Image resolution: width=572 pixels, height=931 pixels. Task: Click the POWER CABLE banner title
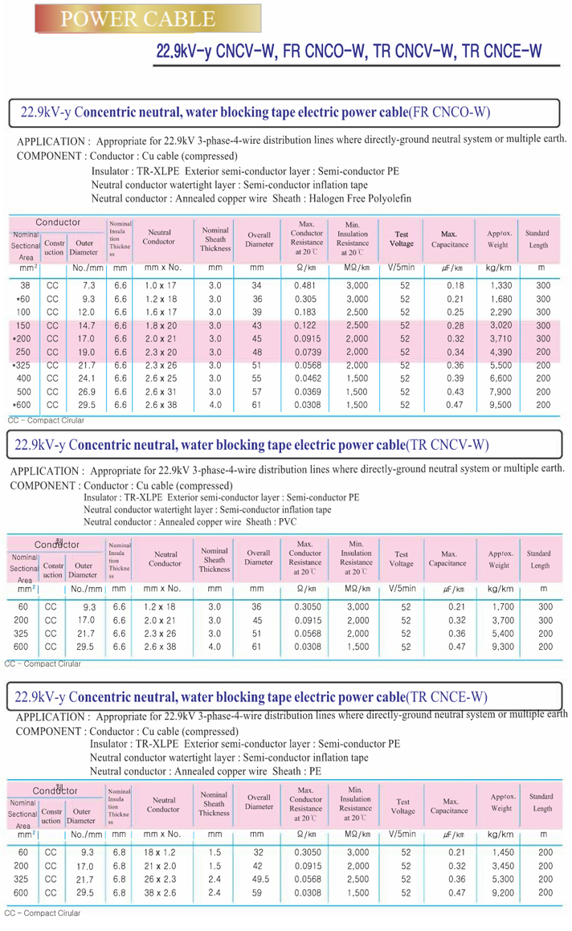click(138, 19)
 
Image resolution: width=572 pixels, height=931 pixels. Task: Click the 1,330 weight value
click(500, 286)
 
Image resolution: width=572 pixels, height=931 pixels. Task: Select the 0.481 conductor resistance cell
click(304, 286)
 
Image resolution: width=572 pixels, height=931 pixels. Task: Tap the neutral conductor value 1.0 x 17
click(161, 286)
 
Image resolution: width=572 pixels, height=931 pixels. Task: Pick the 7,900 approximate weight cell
click(500, 392)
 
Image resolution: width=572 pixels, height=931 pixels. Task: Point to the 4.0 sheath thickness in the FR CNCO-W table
click(215, 405)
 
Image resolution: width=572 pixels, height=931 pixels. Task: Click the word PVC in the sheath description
click(288, 522)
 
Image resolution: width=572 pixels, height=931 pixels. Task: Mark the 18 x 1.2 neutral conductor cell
click(160, 852)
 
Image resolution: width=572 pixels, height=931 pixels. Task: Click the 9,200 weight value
click(503, 893)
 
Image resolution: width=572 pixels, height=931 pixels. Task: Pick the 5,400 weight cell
click(503, 634)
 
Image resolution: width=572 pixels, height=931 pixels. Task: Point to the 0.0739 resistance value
click(308, 352)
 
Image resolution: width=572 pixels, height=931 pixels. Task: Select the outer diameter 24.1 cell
click(86, 378)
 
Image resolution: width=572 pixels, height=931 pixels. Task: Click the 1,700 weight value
click(503, 606)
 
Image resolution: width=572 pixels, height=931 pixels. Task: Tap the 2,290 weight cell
click(500, 312)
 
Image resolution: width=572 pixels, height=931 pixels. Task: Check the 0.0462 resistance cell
click(308, 378)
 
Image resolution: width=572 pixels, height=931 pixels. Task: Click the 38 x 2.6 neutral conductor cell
click(160, 893)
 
